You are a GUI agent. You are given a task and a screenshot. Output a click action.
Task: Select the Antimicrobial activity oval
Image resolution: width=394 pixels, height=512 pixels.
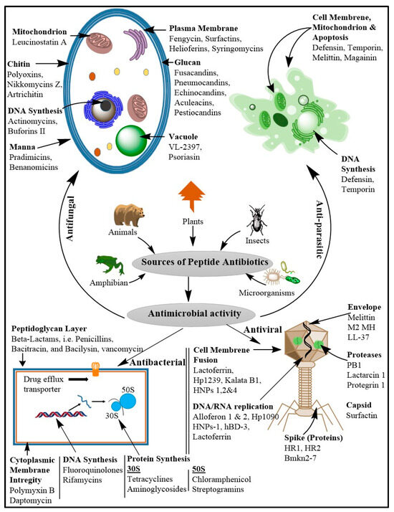(193, 313)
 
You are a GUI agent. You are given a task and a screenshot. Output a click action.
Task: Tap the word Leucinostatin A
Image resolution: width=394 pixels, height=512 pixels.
(39, 42)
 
